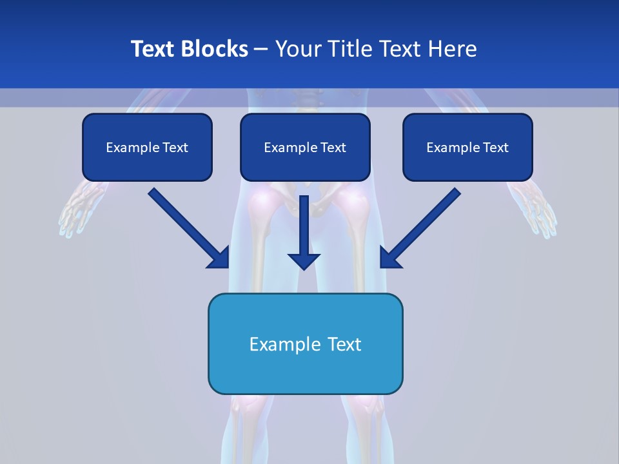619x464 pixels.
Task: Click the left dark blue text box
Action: (x=147, y=147)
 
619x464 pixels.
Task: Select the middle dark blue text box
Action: (x=305, y=147)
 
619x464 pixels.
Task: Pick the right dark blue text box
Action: (x=467, y=147)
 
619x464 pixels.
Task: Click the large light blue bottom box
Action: (x=305, y=343)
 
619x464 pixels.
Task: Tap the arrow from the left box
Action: (x=187, y=227)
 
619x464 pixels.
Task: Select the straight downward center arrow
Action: (x=304, y=232)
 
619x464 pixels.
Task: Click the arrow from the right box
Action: (x=422, y=227)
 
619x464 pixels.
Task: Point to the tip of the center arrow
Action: (x=304, y=268)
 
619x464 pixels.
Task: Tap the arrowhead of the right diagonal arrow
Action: (x=389, y=258)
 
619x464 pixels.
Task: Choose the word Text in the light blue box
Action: (x=344, y=344)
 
